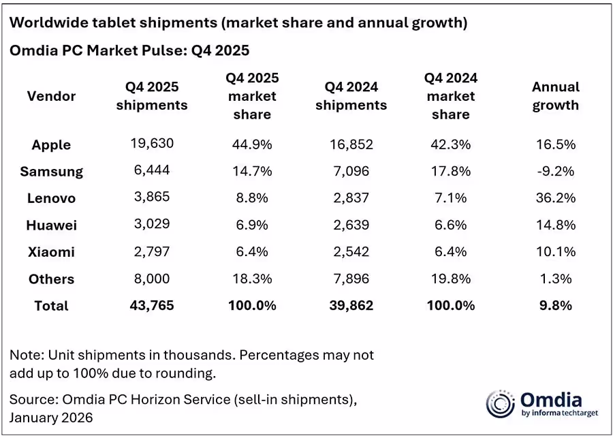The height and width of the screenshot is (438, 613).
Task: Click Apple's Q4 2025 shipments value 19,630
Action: [152, 143]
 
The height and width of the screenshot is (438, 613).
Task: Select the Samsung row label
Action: [51, 172]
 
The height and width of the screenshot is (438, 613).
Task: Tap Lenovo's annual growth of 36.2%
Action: [555, 198]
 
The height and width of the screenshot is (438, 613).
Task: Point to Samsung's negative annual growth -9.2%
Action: [555, 171]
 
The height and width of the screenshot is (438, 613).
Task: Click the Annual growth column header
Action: [555, 96]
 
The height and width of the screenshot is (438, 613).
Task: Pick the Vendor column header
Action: [51, 96]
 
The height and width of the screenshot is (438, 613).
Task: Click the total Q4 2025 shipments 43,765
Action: [152, 306]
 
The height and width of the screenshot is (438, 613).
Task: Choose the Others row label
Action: [51, 279]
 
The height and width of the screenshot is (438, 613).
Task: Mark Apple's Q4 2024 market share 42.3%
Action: [450, 144]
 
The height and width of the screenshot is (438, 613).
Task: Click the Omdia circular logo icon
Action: [500, 404]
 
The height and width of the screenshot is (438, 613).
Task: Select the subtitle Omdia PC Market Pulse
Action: [129, 50]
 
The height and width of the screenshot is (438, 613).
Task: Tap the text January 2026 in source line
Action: [52, 415]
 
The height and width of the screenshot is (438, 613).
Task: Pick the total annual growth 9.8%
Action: [555, 306]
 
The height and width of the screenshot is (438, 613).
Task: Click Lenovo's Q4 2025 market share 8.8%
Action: [251, 198]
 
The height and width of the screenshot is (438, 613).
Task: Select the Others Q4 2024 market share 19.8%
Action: [450, 279]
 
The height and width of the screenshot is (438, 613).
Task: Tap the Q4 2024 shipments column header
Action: [351, 96]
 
